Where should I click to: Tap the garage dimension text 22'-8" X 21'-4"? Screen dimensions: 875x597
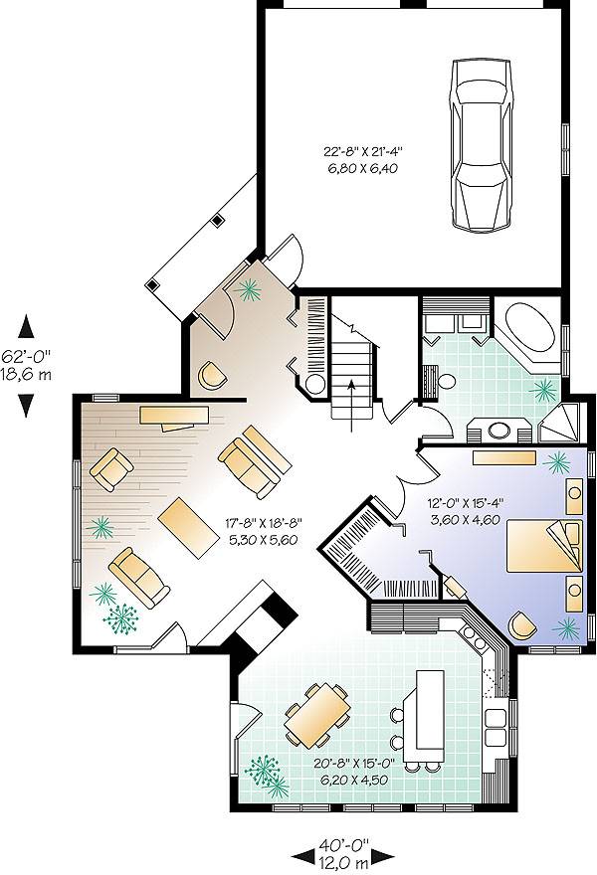pos(368,152)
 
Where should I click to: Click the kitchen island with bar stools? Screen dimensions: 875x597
pos(428,710)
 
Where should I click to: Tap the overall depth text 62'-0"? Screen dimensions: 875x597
pos(27,354)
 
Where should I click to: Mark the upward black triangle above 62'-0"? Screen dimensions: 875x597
pos(27,325)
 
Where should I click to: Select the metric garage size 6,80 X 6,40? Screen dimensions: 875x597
pos(368,169)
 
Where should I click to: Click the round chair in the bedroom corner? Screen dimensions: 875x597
pos(523,623)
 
